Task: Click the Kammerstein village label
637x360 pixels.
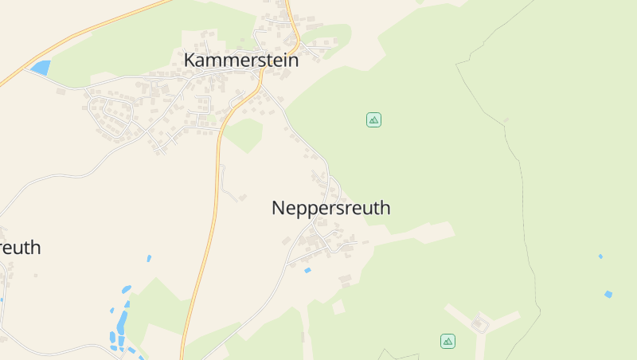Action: pyautogui.click(x=240, y=60)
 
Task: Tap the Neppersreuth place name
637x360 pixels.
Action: pyautogui.click(x=330, y=209)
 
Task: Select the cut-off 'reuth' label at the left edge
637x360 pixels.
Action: pyautogui.click(x=20, y=248)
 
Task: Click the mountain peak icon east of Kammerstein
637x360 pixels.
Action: pyautogui.click(x=373, y=119)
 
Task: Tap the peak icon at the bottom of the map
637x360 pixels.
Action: pyautogui.click(x=447, y=341)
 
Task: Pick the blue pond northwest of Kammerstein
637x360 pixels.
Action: pyautogui.click(x=40, y=68)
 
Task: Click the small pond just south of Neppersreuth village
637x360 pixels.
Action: pyautogui.click(x=307, y=271)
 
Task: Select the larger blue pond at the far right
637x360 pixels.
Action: pyautogui.click(x=608, y=294)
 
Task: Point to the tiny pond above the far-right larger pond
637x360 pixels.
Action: pyautogui.click(x=600, y=256)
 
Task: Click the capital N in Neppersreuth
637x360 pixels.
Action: pyautogui.click(x=279, y=209)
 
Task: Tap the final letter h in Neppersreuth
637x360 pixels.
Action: pyautogui.click(x=385, y=209)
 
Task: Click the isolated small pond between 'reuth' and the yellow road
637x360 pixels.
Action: pyautogui.click(x=149, y=258)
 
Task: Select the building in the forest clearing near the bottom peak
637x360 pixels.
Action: pyautogui.click(x=479, y=323)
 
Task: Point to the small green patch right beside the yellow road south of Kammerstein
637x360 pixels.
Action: pyautogui.click(x=244, y=134)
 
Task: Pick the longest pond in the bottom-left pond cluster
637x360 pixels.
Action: pyautogui.click(x=122, y=321)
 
